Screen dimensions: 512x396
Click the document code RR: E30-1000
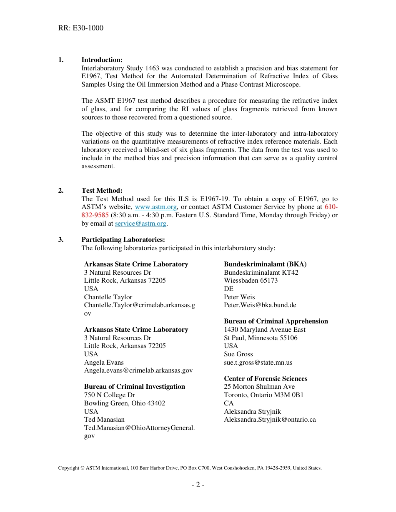(x=81, y=28)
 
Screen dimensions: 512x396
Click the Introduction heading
(x=102, y=60)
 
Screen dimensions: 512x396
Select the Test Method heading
(x=102, y=191)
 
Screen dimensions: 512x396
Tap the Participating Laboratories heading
(x=123, y=240)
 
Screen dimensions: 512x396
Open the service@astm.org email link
(x=140, y=224)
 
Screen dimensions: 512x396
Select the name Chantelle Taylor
(x=108, y=297)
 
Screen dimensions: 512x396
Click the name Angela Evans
(x=104, y=363)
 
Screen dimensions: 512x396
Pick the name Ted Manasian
(x=104, y=420)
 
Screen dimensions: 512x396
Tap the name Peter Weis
(x=239, y=297)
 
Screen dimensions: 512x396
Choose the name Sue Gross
(x=238, y=354)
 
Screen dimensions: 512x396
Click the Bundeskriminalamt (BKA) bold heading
(x=265, y=264)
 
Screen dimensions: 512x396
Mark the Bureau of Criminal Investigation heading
(x=134, y=387)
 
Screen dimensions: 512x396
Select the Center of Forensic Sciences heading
(x=266, y=379)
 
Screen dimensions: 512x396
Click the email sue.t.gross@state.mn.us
(x=258, y=363)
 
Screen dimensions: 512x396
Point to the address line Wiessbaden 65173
(x=251, y=281)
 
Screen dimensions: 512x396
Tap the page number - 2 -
(x=198, y=485)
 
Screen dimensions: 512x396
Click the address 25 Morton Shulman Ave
(x=259, y=387)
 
